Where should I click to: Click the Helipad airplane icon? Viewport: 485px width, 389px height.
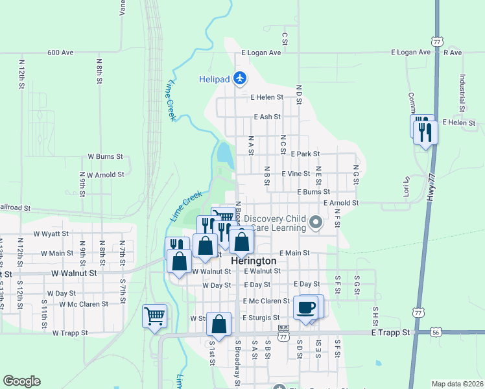point(241,78)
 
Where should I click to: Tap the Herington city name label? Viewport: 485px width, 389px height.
point(254,260)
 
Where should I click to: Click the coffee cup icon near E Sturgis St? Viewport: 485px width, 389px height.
point(307,307)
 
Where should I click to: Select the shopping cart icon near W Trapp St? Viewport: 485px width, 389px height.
point(154,316)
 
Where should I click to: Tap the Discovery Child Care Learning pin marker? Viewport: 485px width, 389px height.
point(316,223)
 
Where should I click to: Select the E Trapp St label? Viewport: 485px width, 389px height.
point(391,332)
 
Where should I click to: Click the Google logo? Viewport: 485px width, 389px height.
point(21,381)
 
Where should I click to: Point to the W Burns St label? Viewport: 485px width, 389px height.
point(105,156)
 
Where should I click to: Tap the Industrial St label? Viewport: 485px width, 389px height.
point(463,91)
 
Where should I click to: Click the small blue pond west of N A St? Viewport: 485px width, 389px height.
point(225,154)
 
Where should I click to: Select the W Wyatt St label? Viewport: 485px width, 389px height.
point(51,233)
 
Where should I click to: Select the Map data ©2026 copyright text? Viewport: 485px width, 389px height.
point(457,384)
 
